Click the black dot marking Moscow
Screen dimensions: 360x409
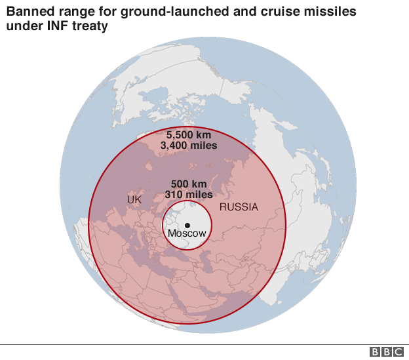pos(187,225)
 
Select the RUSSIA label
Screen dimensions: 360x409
pos(239,207)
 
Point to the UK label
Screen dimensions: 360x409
pos(134,199)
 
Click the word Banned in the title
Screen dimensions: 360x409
pos(28,12)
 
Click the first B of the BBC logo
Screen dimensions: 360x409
pos(375,352)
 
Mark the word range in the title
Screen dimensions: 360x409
pos(73,12)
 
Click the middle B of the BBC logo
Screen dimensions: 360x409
pos(387,352)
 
